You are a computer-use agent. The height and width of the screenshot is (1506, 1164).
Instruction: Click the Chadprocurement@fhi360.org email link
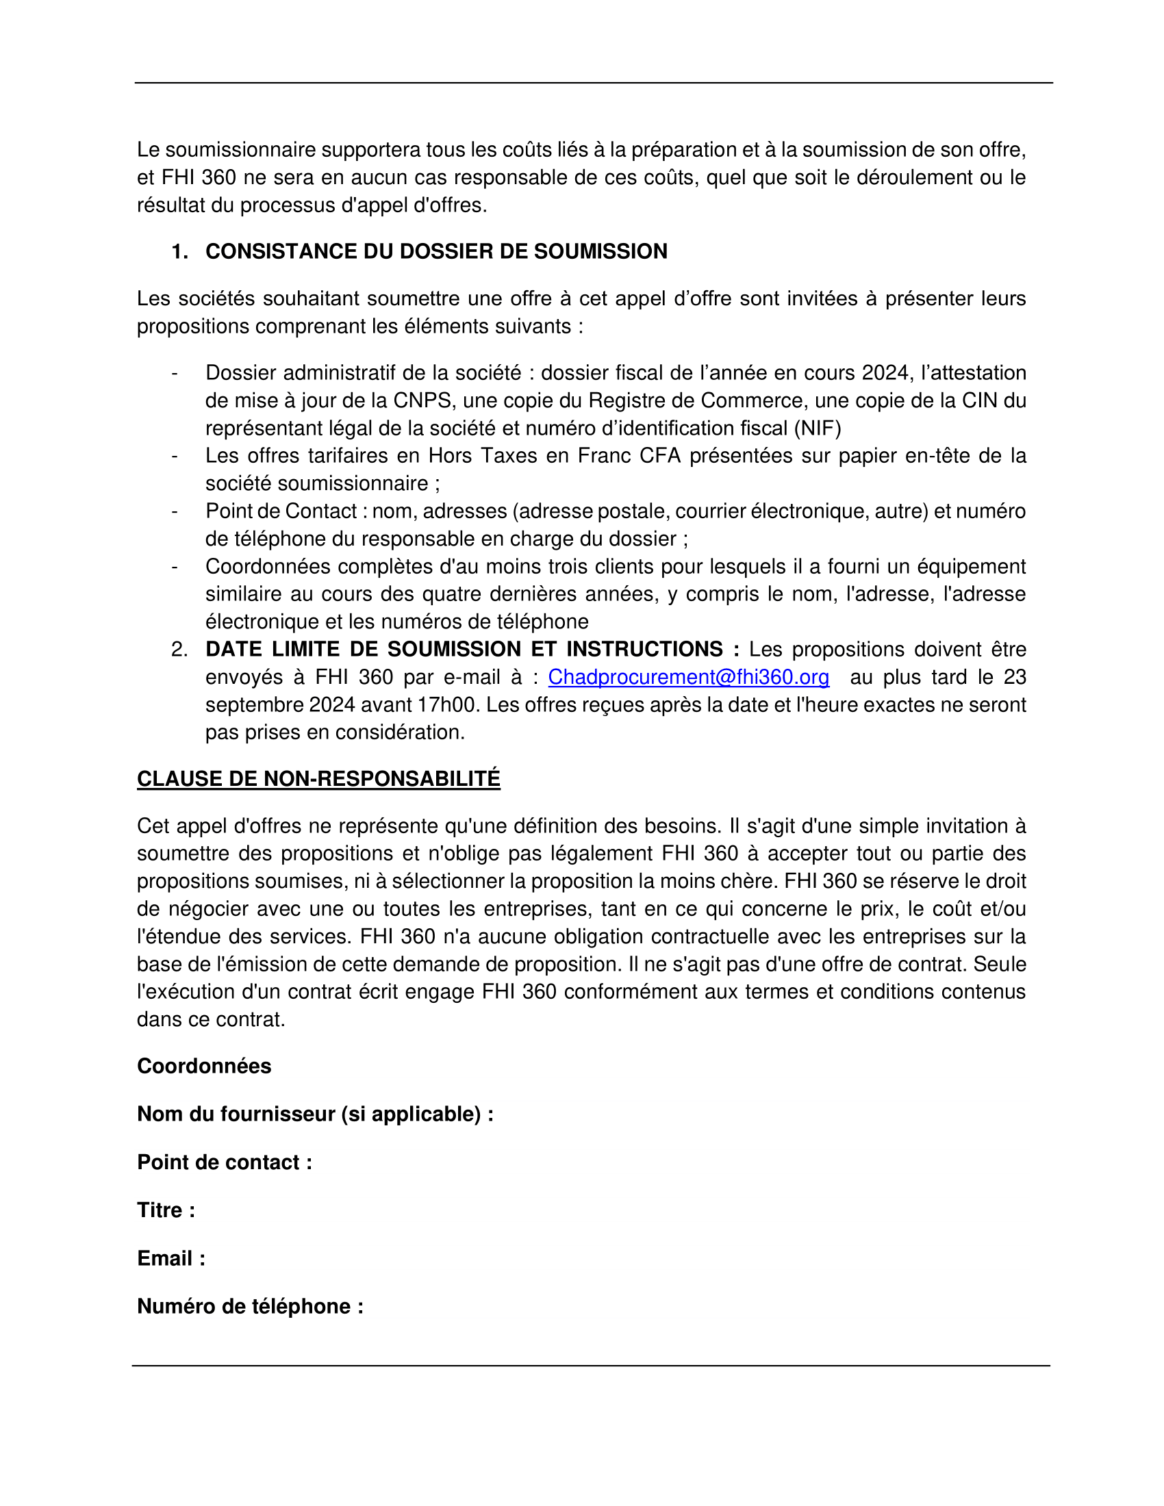click(688, 677)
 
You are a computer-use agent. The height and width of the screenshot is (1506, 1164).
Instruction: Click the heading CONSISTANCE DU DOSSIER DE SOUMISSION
click(435, 251)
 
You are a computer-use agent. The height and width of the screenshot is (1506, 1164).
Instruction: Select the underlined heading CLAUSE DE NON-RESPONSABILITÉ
click(318, 778)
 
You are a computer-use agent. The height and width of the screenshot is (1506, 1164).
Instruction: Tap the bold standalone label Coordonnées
click(204, 1066)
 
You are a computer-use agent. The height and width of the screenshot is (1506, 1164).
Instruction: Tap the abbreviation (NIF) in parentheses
click(818, 429)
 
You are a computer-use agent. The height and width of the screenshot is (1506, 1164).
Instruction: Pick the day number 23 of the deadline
click(1014, 677)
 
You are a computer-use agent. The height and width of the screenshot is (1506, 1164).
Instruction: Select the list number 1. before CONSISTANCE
click(179, 251)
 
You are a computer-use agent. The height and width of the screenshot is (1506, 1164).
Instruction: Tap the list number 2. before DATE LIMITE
click(179, 650)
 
